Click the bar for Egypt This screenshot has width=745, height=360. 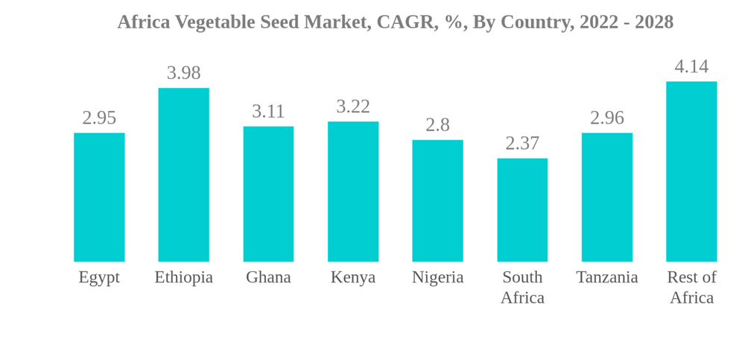click(x=99, y=198)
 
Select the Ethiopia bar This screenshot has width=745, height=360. click(x=183, y=175)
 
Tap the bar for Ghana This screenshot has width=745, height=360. click(x=268, y=194)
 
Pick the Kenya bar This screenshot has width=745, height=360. click(x=353, y=192)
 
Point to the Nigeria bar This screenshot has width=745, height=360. click(x=437, y=200)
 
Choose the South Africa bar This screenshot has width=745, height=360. click(x=522, y=210)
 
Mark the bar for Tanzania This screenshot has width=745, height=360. click(x=607, y=198)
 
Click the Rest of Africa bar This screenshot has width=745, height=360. click(x=691, y=171)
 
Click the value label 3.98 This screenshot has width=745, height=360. click(x=183, y=73)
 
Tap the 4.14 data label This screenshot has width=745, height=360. click(x=691, y=66)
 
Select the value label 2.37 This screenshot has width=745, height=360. click(x=522, y=143)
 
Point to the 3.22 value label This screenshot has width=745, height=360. click(x=353, y=107)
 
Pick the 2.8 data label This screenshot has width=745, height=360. click(x=437, y=125)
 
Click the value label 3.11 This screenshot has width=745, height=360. click(x=268, y=111)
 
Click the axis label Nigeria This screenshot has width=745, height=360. click(x=437, y=277)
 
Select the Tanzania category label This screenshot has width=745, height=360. click(x=607, y=277)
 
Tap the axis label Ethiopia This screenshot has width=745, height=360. click(x=183, y=277)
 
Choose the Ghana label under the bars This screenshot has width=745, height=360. click(x=268, y=277)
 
